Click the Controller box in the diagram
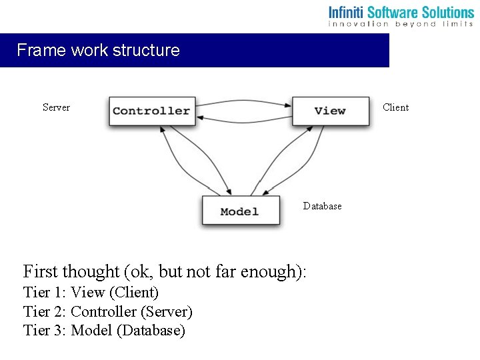[x=151, y=111]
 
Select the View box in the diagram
[x=330, y=111]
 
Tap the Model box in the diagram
[x=240, y=211]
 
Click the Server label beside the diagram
[x=56, y=107]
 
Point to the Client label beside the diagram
[x=396, y=107]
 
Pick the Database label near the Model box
[x=322, y=206]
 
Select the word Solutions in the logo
[x=446, y=12]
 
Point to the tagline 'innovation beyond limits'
[x=401, y=24]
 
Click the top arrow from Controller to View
[x=244, y=101]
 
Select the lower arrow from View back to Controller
[x=244, y=119]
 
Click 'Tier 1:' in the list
[x=45, y=292]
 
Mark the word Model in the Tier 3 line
[x=91, y=330]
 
